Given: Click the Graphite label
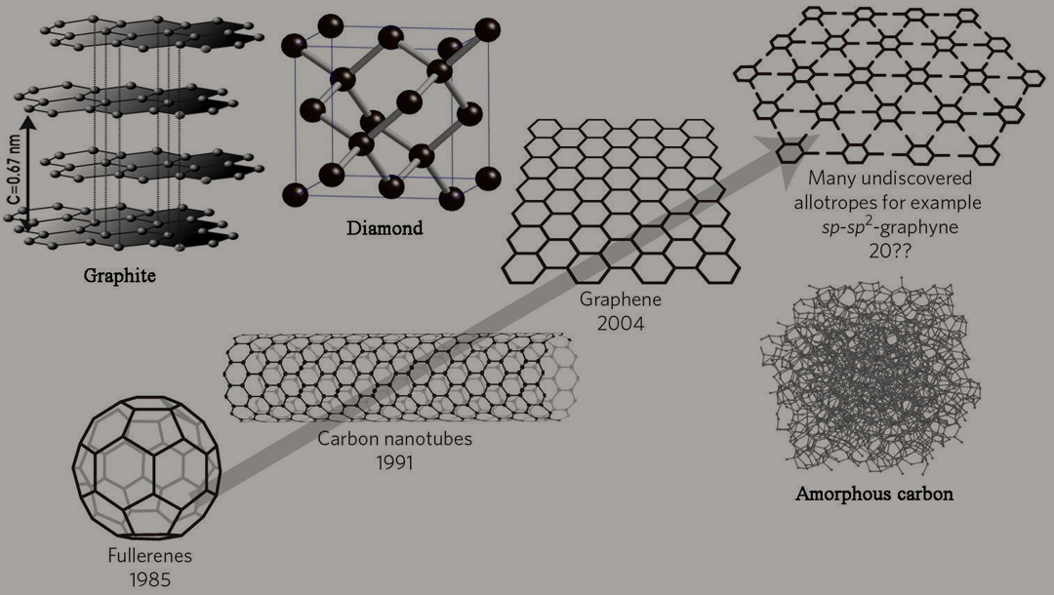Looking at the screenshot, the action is (x=120, y=275).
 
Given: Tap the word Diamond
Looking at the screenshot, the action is (x=385, y=228).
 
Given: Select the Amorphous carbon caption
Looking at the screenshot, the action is (x=873, y=495).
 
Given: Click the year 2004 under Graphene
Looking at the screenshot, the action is (x=621, y=324).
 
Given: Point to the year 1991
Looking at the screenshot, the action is (x=394, y=462).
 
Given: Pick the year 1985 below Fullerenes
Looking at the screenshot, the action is (x=150, y=579).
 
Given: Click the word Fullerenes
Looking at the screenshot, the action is (x=150, y=555).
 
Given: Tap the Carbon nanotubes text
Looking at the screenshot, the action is (x=394, y=439).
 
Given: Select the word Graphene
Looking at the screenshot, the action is (x=621, y=299).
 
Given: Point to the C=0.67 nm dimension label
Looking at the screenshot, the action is (x=15, y=172).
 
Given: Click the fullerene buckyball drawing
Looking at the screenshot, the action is (x=146, y=467).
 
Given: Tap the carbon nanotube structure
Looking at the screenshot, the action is (x=401, y=377).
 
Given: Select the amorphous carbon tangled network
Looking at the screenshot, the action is (x=871, y=377).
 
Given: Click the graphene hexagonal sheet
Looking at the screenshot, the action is (x=621, y=202).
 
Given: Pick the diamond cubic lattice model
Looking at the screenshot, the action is (x=391, y=113).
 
